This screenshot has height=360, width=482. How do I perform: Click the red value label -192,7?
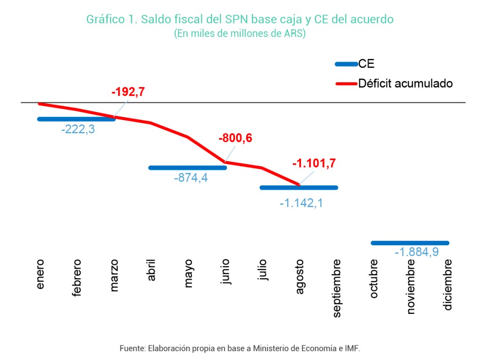pyautogui.click(x=128, y=92)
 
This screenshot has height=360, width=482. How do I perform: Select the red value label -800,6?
pyautogui.click(x=235, y=138)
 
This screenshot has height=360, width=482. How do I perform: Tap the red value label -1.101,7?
pyautogui.click(x=314, y=164)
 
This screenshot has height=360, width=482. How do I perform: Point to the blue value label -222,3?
pyautogui.click(x=78, y=129)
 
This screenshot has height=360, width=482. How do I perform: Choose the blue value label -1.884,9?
pyautogui.click(x=417, y=252)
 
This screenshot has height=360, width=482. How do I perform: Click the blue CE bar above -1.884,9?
pyautogui.click(x=410, y=243)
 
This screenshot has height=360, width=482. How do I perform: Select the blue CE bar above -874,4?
pyautogui.click(x=187, y=168)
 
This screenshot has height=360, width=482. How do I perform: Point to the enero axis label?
pyautogui.click(x=40, y=273)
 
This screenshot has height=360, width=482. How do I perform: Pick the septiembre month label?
pyautogui.click(x=337, y=288)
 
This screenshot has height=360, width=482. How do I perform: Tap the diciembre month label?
pyautogui.click(x=448, y=284)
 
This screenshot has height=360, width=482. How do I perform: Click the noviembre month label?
pyautogui.click(x=411, y=286)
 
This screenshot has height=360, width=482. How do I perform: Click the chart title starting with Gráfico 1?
pyautogui.click(x=240, y=19)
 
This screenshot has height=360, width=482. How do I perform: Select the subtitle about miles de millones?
pyautogui.click(x=240, y=34)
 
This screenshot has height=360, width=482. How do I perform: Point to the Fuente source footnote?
pyautogui.click(x=240, y=349)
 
